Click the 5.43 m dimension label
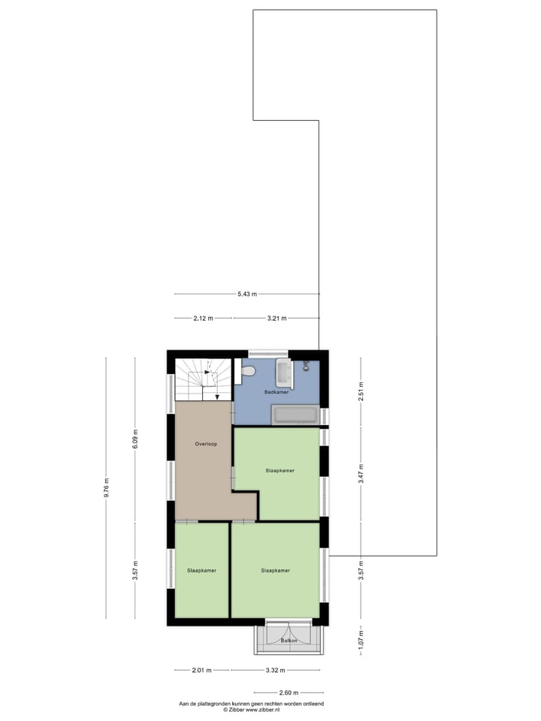pyautogui.click(x=246, y=294)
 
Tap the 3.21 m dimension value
pyautogui.click(x=277, y=318)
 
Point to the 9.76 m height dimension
pyautogui.click(x=106, y=487)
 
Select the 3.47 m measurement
pyautogui.click(x=361, y=474)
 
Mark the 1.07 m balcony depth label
pyautogui.click(x=361, y=640)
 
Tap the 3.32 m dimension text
pyautogui.click(x=277, y=670)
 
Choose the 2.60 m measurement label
pyautogui.click(x=289, y=692)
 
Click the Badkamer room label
pyautogui.click(x=276, y=393)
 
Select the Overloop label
pyautogui.click(x=206, y=444)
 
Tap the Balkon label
pyautogui.click(x=289, y=641)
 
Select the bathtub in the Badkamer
pyautogui.click(x=295, y=415)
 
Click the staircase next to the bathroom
pyautogui.click(x=203, y=379)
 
